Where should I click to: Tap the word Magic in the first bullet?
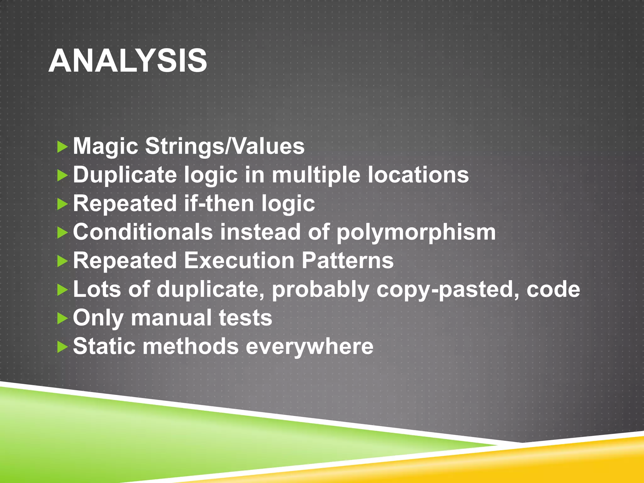[105, 147]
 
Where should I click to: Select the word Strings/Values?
[225, 147]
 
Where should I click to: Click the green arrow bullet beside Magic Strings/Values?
[63, 147]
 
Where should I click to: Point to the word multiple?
[316, 175]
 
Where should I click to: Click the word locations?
[418, 175]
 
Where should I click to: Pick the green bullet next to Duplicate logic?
[63, 175]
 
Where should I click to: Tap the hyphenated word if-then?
[219, 203]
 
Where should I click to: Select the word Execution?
[239, 261]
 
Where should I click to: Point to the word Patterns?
[347, 261]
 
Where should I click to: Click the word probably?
[320, 290]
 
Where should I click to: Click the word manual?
[171, 318]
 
